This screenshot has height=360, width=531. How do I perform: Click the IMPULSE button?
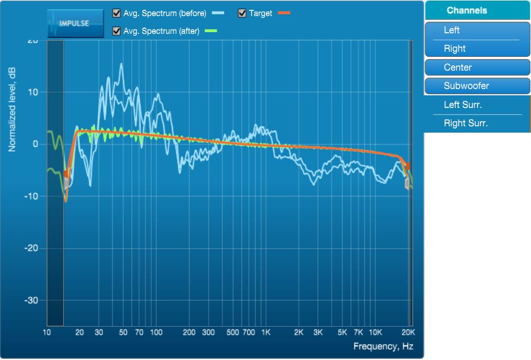75,23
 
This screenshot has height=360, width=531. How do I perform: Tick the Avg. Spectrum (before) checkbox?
117,13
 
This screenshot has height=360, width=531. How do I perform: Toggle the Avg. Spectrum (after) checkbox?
117,31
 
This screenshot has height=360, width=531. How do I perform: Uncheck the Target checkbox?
242,13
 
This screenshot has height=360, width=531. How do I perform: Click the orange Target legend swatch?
284,13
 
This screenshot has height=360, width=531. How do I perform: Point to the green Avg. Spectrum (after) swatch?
210,31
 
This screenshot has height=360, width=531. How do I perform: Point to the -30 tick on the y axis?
30,300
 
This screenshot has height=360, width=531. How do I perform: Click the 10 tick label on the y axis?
33,92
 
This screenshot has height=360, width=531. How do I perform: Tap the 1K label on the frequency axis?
266,333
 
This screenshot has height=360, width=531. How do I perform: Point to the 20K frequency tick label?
407,333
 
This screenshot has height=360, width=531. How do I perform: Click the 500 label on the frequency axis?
233,333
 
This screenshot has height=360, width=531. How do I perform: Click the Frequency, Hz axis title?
383,346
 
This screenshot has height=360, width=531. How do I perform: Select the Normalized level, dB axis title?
12,110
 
